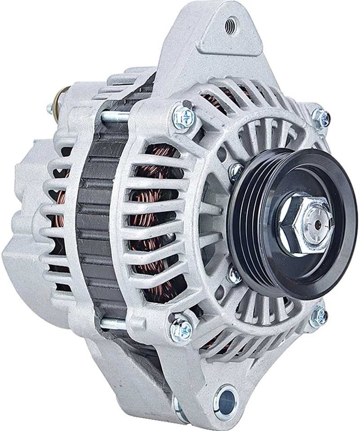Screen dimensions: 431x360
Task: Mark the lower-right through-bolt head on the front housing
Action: [318, 316]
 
